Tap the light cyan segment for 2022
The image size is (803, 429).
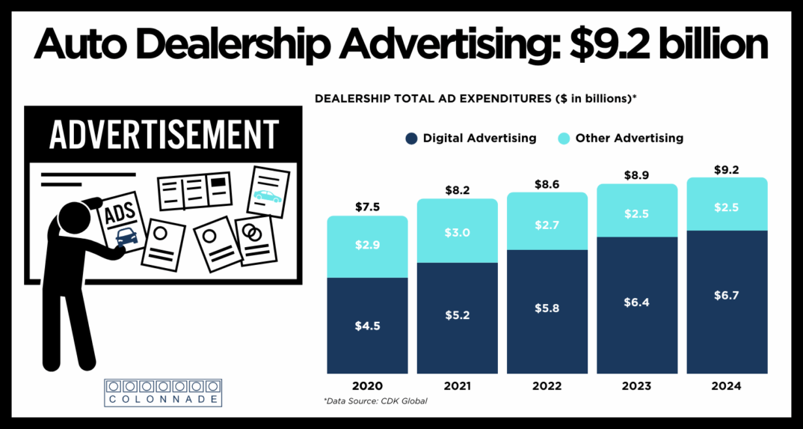(547, 221)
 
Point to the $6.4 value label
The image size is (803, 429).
(636, 302)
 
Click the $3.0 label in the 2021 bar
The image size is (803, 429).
(457, 233)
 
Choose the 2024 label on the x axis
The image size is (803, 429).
(726, 386)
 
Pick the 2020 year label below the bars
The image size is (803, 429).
(367, 386)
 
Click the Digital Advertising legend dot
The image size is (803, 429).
(410, 139)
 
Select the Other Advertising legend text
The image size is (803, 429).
(629, 139)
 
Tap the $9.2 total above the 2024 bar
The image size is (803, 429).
(726, 170)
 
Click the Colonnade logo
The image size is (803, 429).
(163, 393)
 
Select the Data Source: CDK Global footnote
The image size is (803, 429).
(375, 402)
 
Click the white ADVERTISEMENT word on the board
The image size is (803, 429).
(163, 135)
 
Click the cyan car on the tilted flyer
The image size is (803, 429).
(267, 196)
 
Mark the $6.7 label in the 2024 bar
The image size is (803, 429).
(726, 296)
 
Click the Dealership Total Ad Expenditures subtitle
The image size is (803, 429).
(476, 99)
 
